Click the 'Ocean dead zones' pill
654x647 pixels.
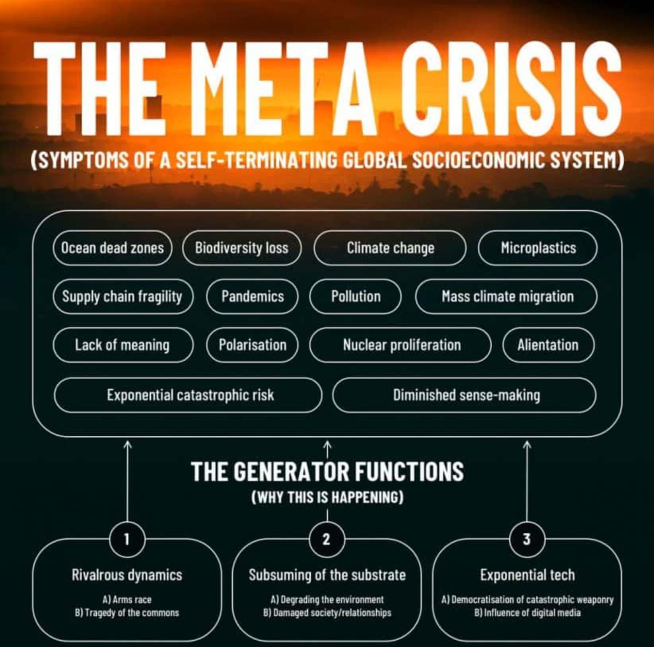click(x=112, y=248)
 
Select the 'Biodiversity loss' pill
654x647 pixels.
click(x=241, y=248)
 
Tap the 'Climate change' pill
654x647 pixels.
click(x=390, y=248)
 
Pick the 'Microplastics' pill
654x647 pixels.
click(x=538, y=248)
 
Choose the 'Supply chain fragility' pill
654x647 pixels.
click(x=123, y=297)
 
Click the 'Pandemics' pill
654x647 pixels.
click(x=252, y=297)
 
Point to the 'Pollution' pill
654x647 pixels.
click(x=356, y=297)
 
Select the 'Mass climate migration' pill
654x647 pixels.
click(x=506, y=297)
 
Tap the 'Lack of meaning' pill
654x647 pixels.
click(x=123, y=345)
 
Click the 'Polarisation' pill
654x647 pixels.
click(x=252, y=345)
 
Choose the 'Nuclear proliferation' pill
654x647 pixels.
click(x=401, y=345)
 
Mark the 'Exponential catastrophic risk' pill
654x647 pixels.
click(x=188, y=395)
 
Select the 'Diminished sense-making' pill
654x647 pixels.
click(x=464, y=395)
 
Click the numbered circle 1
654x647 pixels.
click(x=127, y=540)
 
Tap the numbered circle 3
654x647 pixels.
click(x=527, y=540)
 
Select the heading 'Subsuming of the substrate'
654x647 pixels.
click(x=327, y=575)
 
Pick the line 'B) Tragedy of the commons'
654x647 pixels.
click(x=127, y=613)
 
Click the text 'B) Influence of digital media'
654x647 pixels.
click(x=527, y=613)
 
